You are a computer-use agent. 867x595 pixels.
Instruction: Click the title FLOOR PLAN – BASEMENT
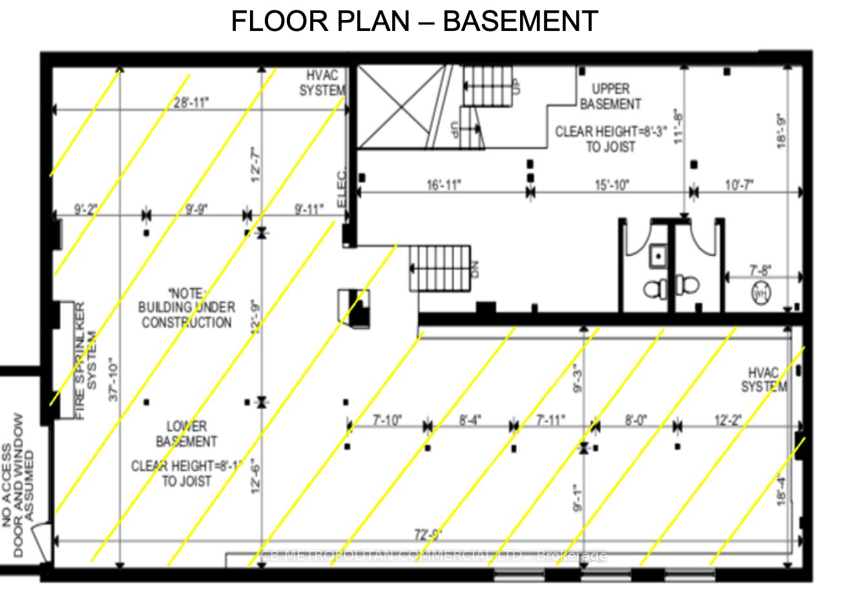click(414, 21)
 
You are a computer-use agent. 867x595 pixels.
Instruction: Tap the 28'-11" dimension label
click(191, 102)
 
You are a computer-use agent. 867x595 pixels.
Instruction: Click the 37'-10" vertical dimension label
click(114, 380)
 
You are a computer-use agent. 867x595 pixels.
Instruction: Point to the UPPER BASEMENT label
click(611, 96)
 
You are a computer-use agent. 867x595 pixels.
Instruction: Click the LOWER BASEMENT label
click(186, 434)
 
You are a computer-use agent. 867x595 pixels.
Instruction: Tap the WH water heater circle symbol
click(760, 292)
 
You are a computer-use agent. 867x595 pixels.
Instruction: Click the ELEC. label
click(342, 188)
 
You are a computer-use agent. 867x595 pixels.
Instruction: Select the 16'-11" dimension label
click(443, 186)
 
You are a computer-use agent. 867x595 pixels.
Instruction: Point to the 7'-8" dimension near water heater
click(760, 270)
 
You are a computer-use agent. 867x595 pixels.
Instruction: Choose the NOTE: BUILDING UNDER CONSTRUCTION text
click(186, 307)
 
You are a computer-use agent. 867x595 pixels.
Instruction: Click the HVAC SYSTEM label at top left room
click(322, 83)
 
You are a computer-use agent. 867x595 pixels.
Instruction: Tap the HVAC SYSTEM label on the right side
click(764, 379)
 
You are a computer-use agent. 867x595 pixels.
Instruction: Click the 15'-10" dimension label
click(611, 186)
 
